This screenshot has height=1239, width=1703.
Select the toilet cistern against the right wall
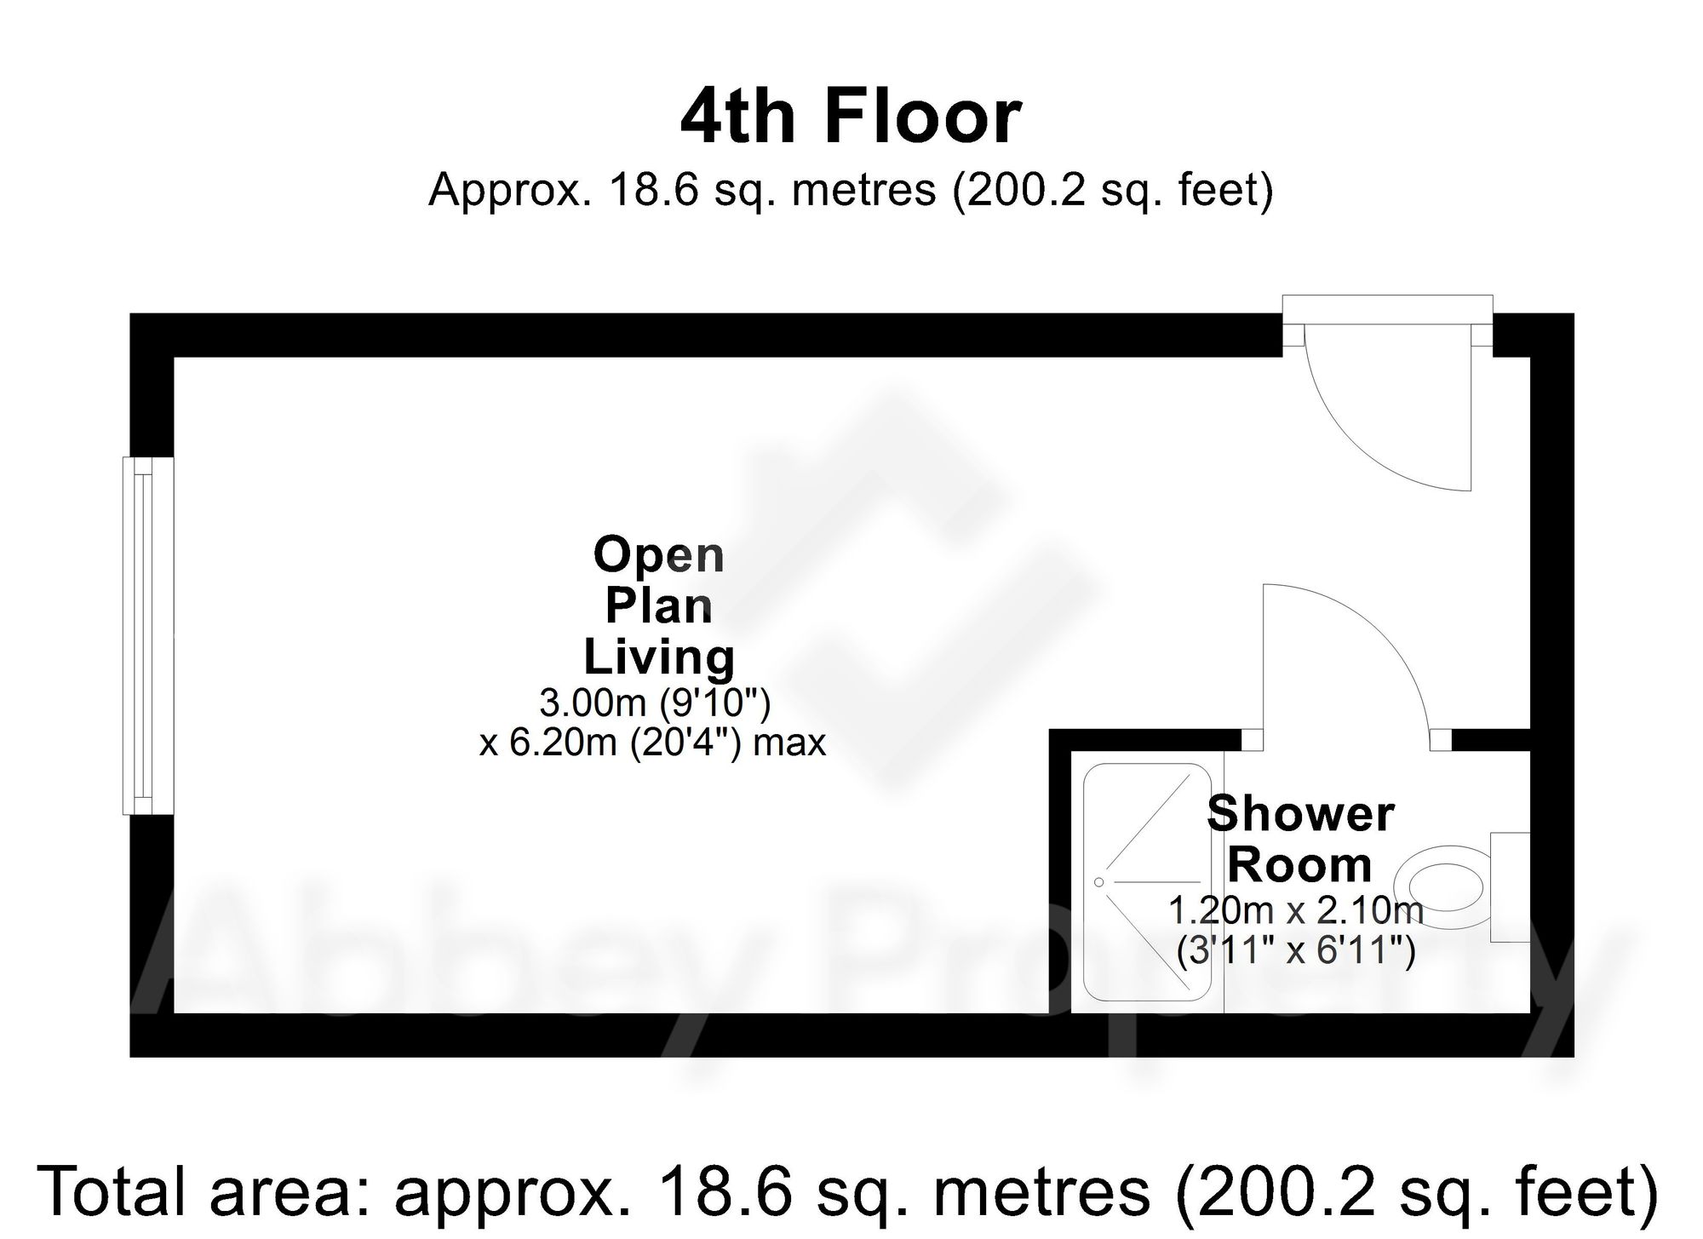click(1510, 886)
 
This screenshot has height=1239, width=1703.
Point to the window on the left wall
click(148, 635)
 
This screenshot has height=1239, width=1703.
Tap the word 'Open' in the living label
click(658, 556)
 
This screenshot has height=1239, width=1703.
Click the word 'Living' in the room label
click(658, 657)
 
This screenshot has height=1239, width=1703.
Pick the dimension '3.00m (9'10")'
click(654, 703)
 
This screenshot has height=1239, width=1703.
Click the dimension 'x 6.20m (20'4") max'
click(652, 743)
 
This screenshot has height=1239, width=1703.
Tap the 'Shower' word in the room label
click(1300, 814)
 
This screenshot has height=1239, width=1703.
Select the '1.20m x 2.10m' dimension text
click(1295, 910)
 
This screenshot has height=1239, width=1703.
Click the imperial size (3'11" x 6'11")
click(1295, 950)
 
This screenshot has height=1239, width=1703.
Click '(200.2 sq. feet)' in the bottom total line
click(1417, 1191)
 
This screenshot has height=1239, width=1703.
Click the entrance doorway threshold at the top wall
click(1387, 325)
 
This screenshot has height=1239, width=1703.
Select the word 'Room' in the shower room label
click(1299, 865)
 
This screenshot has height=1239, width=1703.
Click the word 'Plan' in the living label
click(658, 606)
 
